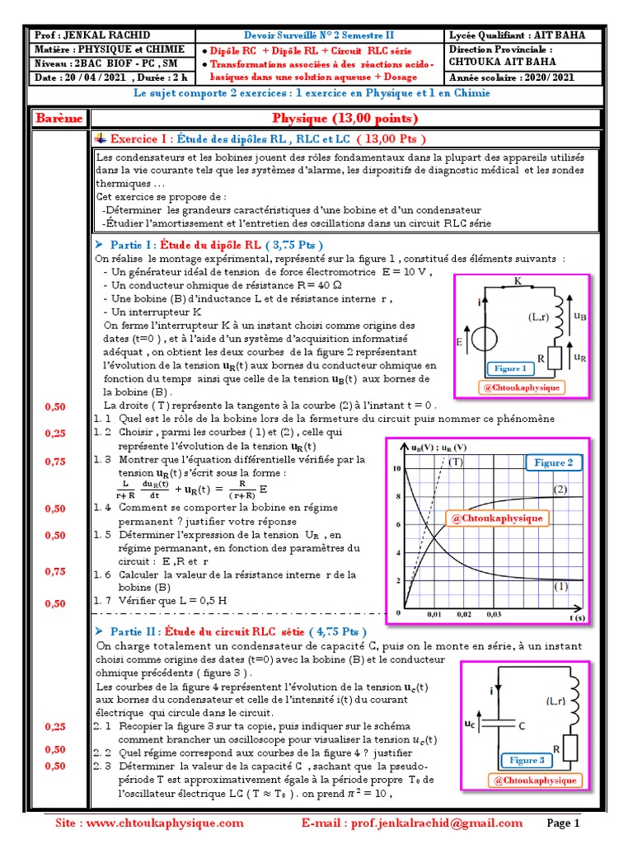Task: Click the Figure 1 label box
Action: click(x=510, y=368)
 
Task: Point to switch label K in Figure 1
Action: click(x=518, y=282)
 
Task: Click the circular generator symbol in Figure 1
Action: click(x=485, y=340)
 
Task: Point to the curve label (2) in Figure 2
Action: click(x=560, y=490)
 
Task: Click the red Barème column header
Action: click(x=59, y=119)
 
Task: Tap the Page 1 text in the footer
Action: click(x=565, y=823)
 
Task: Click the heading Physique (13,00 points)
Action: click(x=345, y=119)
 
